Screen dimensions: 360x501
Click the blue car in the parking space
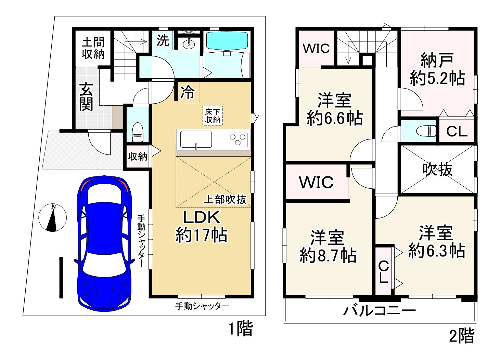(104, 243)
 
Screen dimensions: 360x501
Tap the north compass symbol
(52, 218)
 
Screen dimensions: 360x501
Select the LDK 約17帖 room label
(201, 226)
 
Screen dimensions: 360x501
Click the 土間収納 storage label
(93, 49)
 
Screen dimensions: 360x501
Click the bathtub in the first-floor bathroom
(227, 41)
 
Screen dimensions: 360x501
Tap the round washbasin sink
(188, 43)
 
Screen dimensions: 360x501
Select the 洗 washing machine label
(163, 41)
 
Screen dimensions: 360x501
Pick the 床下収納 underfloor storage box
(213, 116)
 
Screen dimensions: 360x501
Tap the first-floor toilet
(137, 132)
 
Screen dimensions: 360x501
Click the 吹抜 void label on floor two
(437, 169)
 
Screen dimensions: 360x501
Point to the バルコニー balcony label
(380, 311)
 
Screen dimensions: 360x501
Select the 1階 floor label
(241, 329)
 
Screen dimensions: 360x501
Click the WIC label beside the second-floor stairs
(316, 49)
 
